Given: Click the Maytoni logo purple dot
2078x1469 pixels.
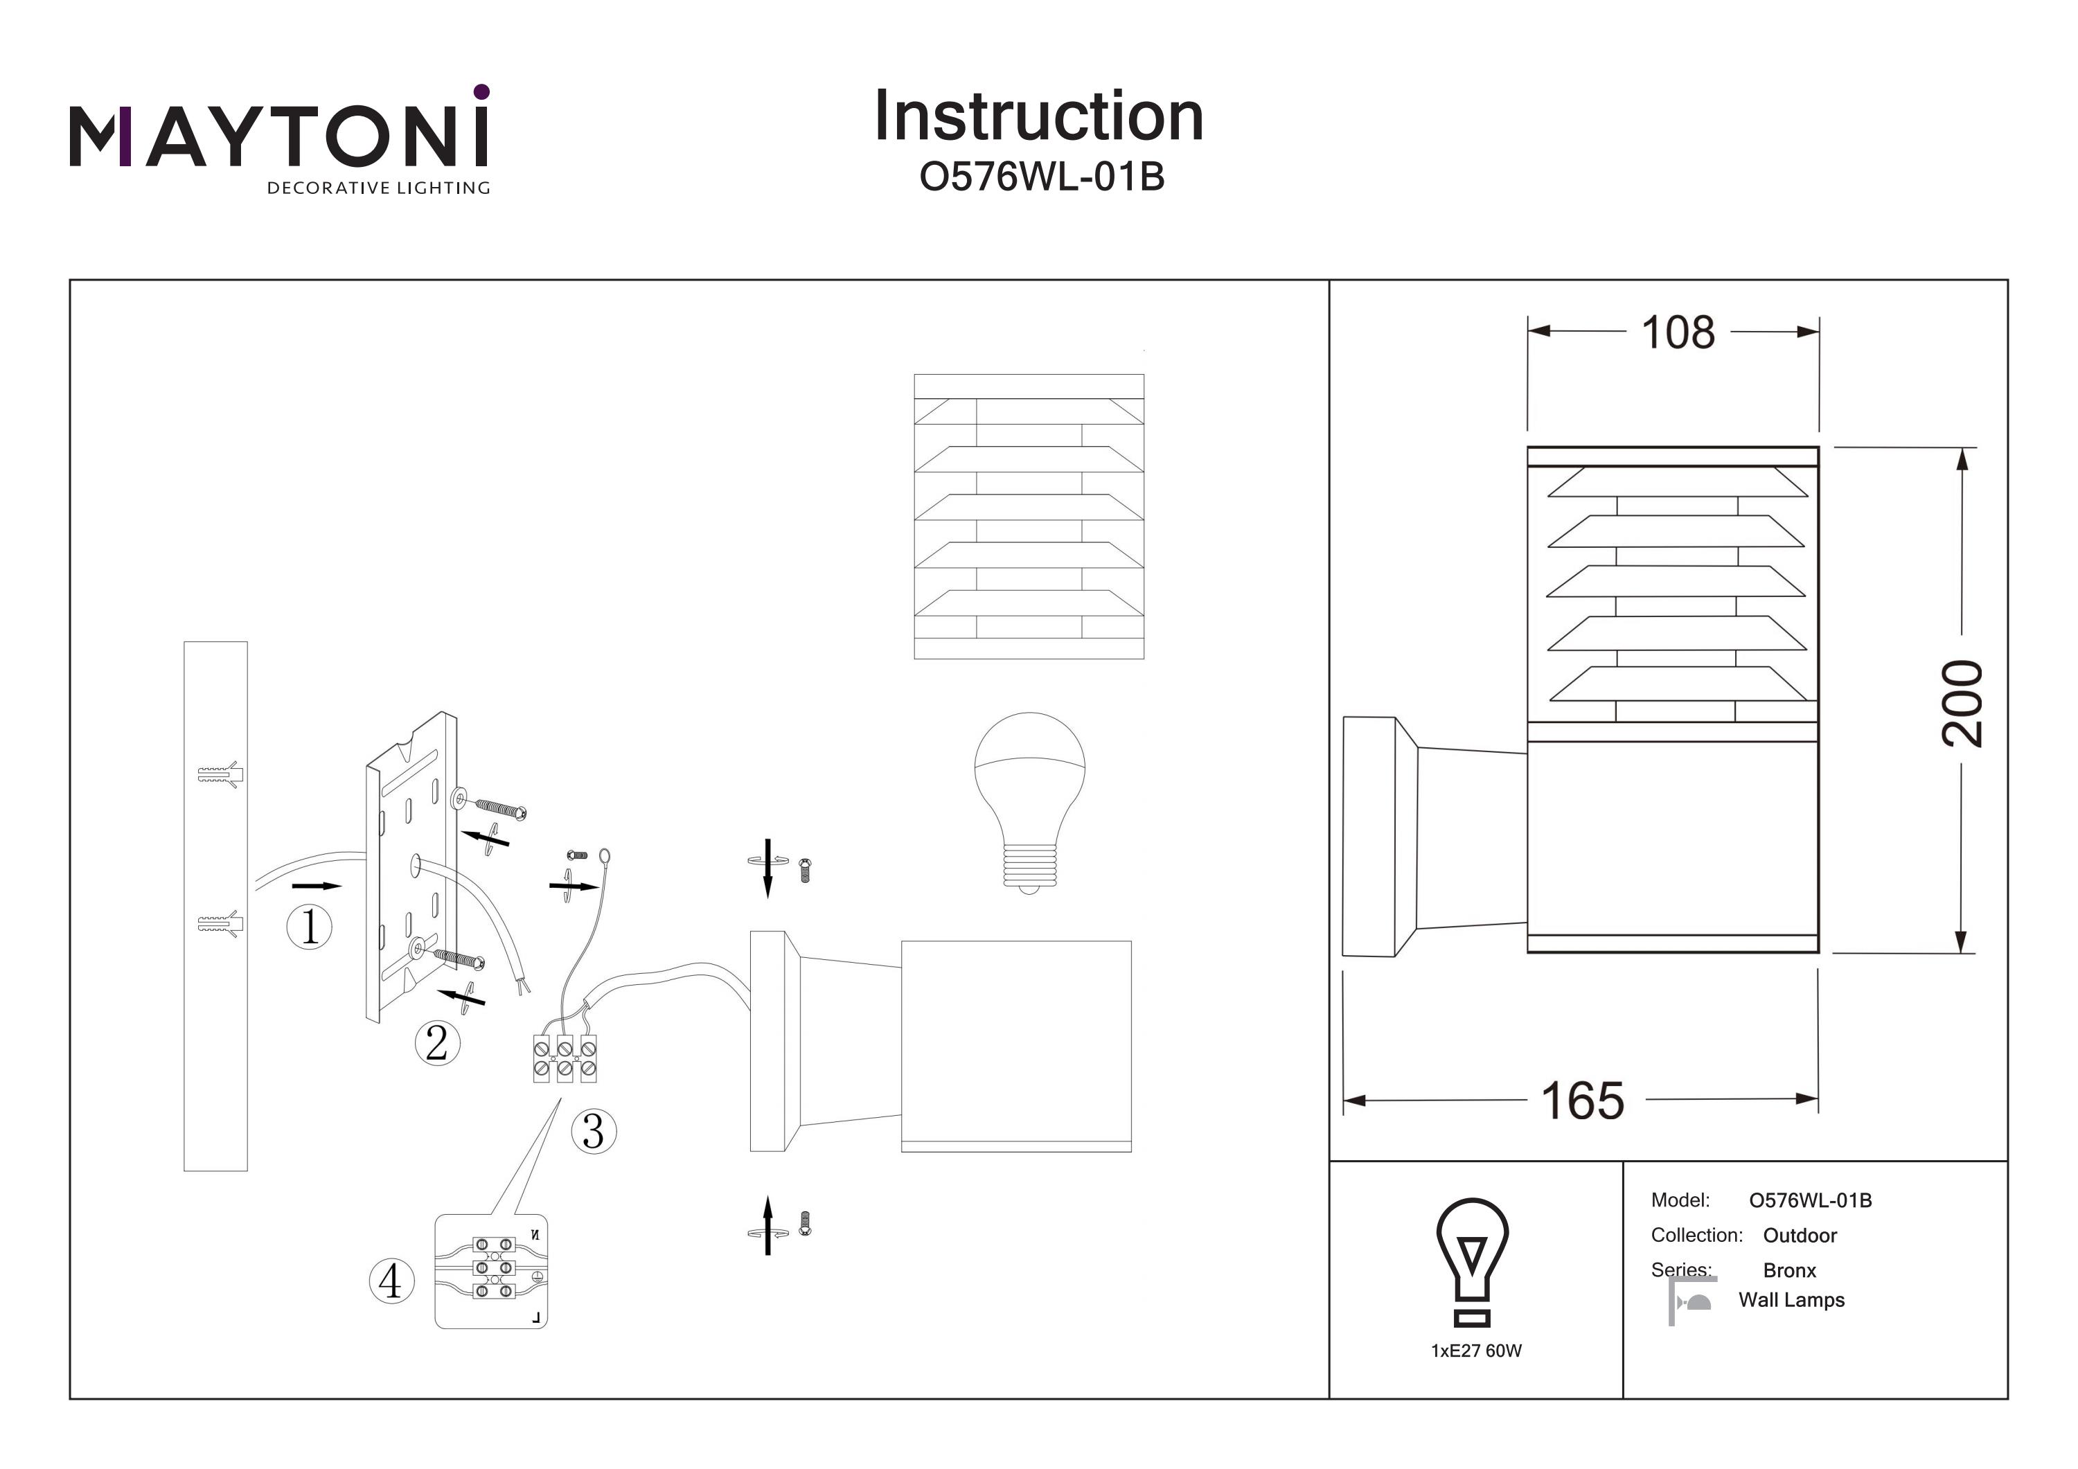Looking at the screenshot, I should coord(481,91).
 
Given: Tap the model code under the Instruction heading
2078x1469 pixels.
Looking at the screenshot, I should coord(1041,177).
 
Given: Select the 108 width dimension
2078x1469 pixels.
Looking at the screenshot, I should coord(1677,332).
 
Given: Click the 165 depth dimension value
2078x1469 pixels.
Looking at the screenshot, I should coord(1582,1101).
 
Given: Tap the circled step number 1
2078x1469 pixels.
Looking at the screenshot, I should coord(310,926).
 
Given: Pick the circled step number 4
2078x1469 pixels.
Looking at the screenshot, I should coord(391,1281).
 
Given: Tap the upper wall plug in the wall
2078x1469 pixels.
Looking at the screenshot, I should coord(221,775).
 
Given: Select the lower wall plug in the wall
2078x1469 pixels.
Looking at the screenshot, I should coord(221,924).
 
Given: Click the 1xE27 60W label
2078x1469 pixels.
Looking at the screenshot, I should coord(1476,1351).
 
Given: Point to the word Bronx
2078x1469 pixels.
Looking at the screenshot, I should coord(1789,1270).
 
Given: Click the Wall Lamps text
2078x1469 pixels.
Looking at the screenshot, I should coord(1791,1300).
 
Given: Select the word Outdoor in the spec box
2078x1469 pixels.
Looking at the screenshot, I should coord(1800,1236).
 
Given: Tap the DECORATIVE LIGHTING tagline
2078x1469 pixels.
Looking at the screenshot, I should coord(378,188).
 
